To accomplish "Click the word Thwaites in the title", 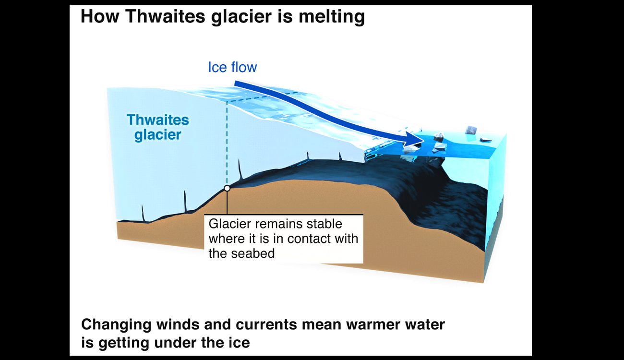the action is (166, 16).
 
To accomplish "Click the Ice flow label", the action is (232, 67).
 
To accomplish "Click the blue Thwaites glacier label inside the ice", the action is (158, 127).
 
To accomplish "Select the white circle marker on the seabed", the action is (227, 188).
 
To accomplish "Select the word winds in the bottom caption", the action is (193, 324).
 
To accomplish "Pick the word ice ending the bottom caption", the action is (240, 342).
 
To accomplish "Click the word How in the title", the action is (100, 16).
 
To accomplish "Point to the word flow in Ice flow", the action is (244, 67).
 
